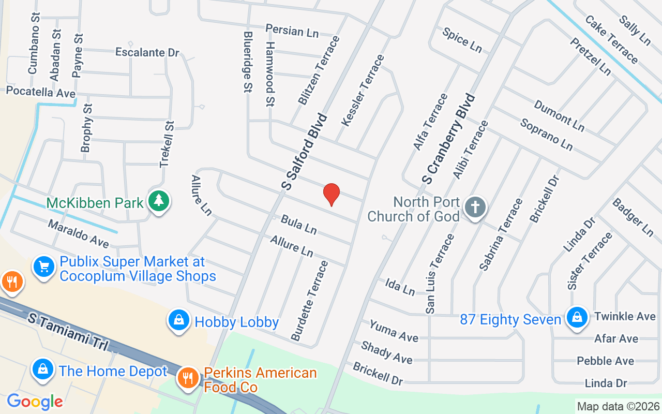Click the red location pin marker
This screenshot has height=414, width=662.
(331, 195)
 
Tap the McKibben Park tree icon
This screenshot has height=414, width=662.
(159, 202)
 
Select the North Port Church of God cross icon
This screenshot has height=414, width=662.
(475, 208)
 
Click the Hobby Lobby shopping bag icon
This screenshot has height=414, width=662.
(178, 321)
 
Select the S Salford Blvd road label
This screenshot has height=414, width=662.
(305, 151)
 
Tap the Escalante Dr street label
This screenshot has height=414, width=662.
(147, 52)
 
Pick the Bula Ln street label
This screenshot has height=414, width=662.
(298, 224)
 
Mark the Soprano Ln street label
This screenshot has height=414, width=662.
(546, 135)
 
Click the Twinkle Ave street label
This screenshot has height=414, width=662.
(625, 316)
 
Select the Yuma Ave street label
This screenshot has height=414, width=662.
(394, 331)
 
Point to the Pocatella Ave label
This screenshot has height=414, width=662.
(41, 92)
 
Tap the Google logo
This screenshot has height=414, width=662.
(35, 401)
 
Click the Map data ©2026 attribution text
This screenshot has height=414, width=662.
(619, 406)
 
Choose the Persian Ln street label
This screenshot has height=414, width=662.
(292, 31)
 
